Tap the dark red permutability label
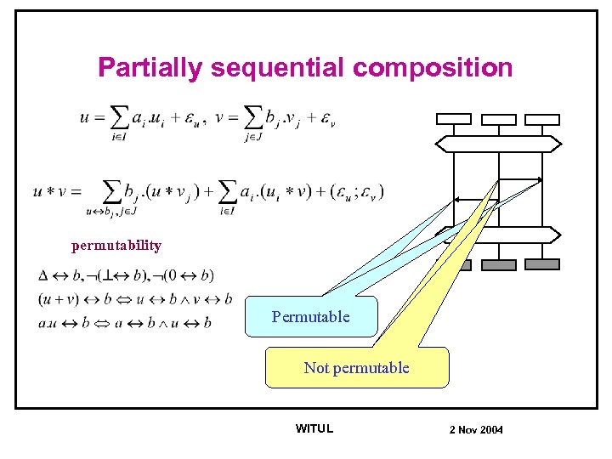pos(116,246)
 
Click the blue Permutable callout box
pos(310,317)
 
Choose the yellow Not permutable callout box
pos(356,368)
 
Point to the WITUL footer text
pos(314,428)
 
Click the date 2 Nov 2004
pos(476,429)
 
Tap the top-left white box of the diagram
pos(454,119)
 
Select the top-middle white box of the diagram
pos(498,119)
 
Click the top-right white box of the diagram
pos(541,119)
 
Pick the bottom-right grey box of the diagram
pos(541,264)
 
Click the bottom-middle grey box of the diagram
pos(498,264)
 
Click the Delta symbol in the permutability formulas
pos(44,275)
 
